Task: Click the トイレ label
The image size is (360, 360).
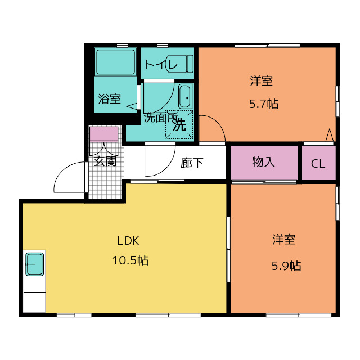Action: [x=161, y=65]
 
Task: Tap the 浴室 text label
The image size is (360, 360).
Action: [x=109, y=99]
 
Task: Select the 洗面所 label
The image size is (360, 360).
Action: [x=160, y=118]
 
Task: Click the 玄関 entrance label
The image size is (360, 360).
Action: [x=105, y=161]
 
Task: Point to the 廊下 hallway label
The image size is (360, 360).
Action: [x=192, y=163]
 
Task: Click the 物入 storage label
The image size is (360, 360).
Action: [x=263, y=161]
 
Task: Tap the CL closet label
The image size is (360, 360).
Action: [x=318, y=164]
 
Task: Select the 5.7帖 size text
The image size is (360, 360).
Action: [x=264, y=103]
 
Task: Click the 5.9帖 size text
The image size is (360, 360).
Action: [x=286, y=265]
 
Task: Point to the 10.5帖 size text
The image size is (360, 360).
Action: [x=130, y=260]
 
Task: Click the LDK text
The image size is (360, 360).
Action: [x=128, y=241]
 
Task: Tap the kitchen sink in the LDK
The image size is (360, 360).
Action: [x=35, y=264]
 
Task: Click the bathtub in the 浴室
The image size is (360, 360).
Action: [x=115, y=61]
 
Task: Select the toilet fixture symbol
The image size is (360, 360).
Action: [x=181, y=64]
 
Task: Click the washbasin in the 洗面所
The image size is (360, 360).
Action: [x=186, y=96]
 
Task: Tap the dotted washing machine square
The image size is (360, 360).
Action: [x=179, y=125]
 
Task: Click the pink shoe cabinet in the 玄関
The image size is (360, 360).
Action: [x=103, y=134]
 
